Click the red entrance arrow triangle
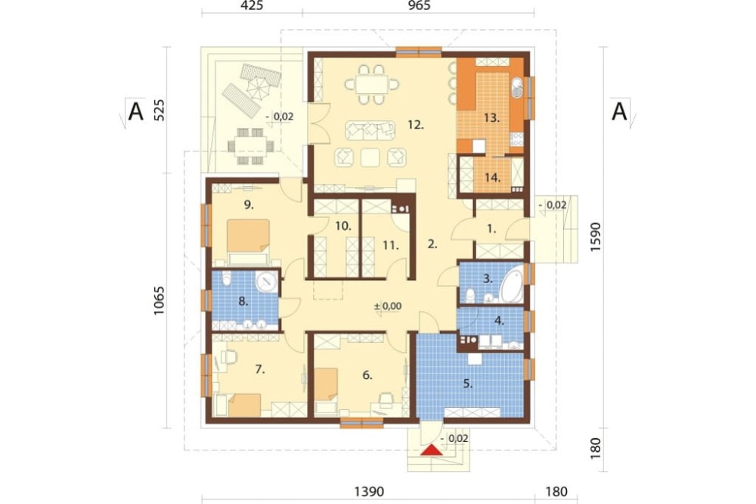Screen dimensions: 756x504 pyautogui.click(x=432, y=450)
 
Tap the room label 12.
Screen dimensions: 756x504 pyautogui.click(x=415, y=125)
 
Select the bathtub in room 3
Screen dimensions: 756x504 pyautogui.click(x=512, y=285)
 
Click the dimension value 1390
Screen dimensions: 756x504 pyautogui.click(x=370, y=491)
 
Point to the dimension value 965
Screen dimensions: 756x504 pyautogui.click(x=419, y=5)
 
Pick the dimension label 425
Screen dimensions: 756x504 pyautogui.click(x=252, y=5)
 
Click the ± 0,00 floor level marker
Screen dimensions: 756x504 pyautogui.click(x=388, y=306)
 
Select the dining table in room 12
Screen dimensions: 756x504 pyautogui.click(x=372, y=85)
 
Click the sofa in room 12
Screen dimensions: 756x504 pyautogui.click(x=370, y=130)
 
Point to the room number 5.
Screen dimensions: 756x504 pyautogui.click(x=468, y=384)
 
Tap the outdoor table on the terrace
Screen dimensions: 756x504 pyautogui.click(x=250, y=145)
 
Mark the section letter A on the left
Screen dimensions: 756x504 pyautogui.click(x=136, y=112)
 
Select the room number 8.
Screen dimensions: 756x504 pyautogui.click(x=243, y=302)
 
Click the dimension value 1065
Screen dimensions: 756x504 pyautogui.click(x=159, y=301)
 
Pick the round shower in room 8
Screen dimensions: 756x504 pyautogui.click(x=266, y=282)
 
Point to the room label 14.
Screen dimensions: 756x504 pyautogui.click(x=492, y=177)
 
